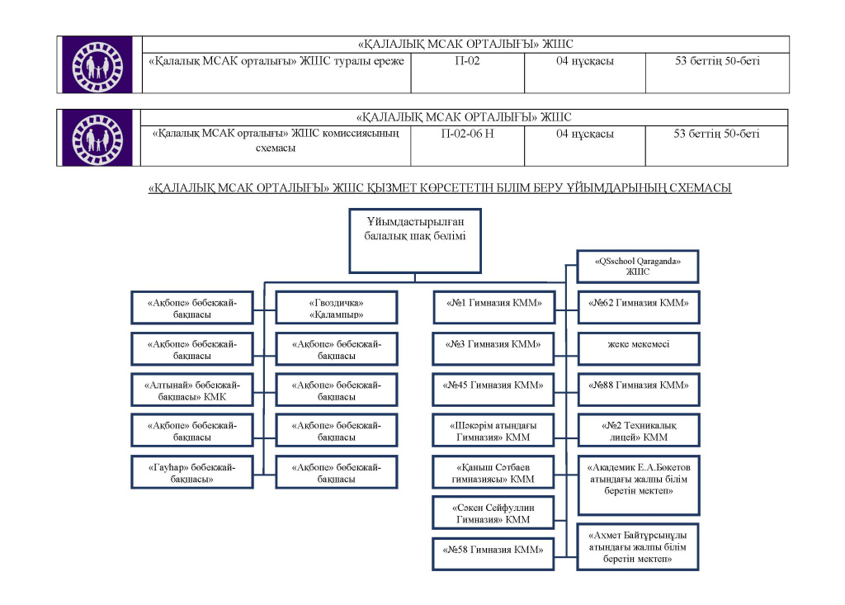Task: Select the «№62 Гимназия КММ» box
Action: click(639, 304)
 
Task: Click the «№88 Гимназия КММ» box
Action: click(639, 385)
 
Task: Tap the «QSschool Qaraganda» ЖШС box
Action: click(639, 266)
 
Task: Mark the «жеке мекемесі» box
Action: click(639, 344)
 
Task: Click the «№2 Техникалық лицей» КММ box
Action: click(639, 431)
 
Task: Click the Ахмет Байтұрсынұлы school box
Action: click(639, 546)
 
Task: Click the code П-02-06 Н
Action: click(467, 134)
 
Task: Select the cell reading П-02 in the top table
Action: click(467, 61)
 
